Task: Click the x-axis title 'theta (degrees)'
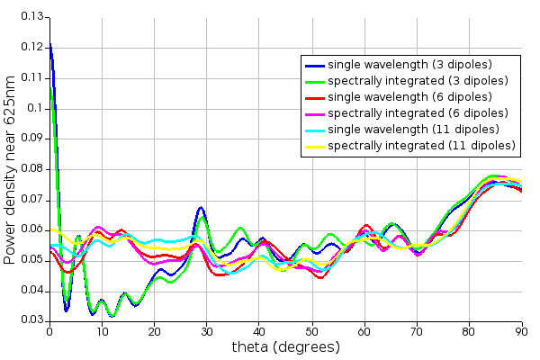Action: tap(285, 347)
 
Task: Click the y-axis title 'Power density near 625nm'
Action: tap(10, 168)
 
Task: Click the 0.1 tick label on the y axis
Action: tap(35, 108)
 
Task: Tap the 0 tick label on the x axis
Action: tap(49, 331)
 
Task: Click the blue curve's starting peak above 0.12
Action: tap(49, 43)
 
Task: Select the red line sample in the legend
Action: tap(314, 97)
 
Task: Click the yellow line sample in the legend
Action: tap(314, 146)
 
